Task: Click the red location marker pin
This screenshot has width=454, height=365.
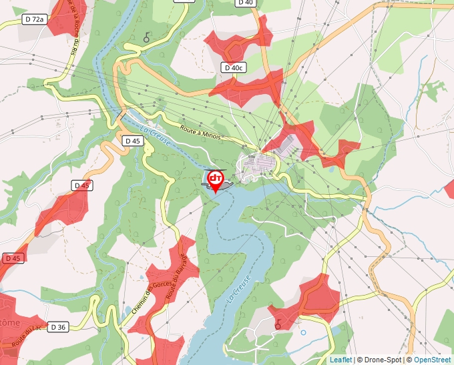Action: [216, 180]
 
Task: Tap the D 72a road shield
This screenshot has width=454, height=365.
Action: [34, 19]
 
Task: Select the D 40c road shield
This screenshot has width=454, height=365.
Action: [234, 67]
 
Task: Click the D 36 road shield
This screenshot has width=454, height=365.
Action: [58, 326]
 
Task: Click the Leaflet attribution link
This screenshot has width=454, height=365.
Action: [340, 360]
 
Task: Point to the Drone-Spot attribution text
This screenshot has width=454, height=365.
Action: [380, 360]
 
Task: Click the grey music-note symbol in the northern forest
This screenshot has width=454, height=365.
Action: [147, 37]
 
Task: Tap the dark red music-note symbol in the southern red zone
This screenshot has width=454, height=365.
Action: [278, 323]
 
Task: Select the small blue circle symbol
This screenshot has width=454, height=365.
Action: [303, 332]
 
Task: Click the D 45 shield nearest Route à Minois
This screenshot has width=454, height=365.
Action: [132, 141]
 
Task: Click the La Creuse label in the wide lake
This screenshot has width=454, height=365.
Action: [238, 290]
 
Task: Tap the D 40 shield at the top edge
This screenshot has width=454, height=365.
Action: [245, 3]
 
